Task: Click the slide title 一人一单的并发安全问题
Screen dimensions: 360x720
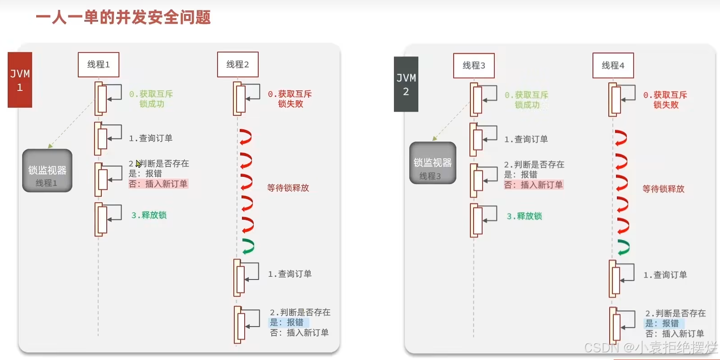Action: pyautogui.click(x=123, y=18)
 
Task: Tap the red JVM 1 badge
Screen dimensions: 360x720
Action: pyautogui.click(x=20, y=80)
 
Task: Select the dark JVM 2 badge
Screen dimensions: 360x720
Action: pyautogui.click(x=406, y=84)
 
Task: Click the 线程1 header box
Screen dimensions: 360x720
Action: pyautogui.click(x=99, y=65)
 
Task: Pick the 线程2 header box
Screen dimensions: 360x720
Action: pyautogui.click(x=238, y=65)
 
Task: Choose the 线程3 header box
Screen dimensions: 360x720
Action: pyautogui.click(x=474, y=66)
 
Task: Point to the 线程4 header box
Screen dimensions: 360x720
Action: pyautogui.click(x=613, y=66)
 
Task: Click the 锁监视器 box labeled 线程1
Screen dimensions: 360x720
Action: pyautogui.click(x=47, y=171)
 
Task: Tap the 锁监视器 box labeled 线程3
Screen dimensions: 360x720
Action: pyautogui.click(x=433, y=163)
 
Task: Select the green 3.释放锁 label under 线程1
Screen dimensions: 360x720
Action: pyautogui.click(x=149, y=215)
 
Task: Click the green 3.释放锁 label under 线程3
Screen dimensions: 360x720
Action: pyautogui.click(x=524, y=216)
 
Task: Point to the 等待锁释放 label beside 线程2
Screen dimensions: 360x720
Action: pyautogui.click(x=288, y=188)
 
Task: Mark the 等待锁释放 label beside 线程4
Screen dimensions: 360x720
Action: pyautogui.click(x=663, y=189)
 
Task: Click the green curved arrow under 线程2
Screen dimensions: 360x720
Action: pyautogui.click(x=247, y=246)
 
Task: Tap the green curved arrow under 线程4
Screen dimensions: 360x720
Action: pyautogui.click(x=623, y=247)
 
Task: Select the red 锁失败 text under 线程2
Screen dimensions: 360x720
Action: pyautogui.click(x=290, y=104)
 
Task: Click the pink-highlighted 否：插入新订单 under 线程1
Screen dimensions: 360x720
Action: pyautogui.click(x=158, y=184)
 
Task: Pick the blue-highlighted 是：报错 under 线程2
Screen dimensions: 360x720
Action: pyautogui.click(x=287, y=322)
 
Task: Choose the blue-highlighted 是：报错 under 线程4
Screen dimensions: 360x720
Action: pyautogui.click(x=662, y=323)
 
